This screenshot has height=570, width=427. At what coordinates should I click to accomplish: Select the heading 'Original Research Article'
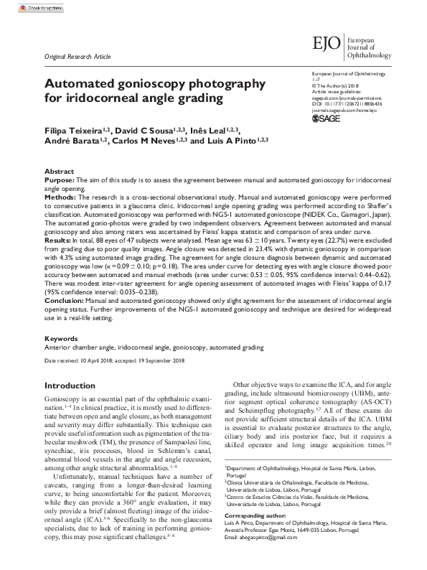(x=78, y=56)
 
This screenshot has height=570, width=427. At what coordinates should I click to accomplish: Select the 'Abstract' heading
(x=59, y=173)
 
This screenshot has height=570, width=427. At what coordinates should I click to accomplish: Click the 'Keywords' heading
(x=62, y=337)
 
